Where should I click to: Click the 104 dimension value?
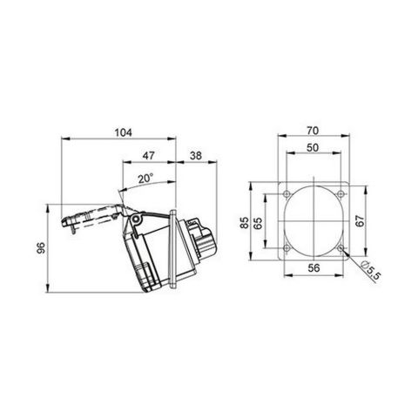click(x=122, y=132)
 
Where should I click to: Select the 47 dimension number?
click(x=148, y=157)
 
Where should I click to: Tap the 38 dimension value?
click(x=196, y=157)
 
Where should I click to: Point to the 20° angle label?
click(x=145, y=179)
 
